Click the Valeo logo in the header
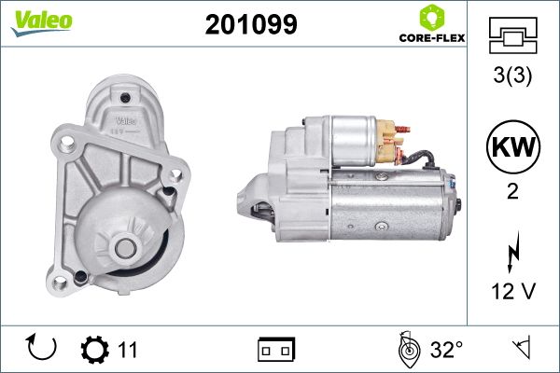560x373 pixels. click(42, 23)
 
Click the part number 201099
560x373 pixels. click(251, 24)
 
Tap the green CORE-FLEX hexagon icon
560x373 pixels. click(432, 18)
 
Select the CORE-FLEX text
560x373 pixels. click(432, 38)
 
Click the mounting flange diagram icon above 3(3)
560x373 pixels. click(512, 35)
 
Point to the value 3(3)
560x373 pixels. click(512, 76)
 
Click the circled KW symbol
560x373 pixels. click(512, 146)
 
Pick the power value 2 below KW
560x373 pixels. click(512, 191)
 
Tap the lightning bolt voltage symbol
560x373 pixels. click(512, 252)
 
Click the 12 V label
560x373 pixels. click(513, 291)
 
